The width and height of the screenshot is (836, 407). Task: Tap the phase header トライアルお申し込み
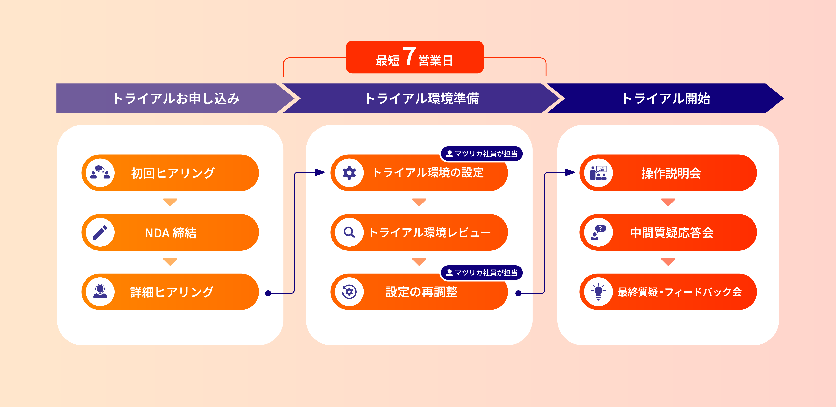[176, 99]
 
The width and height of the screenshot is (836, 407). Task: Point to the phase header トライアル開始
[666, 99]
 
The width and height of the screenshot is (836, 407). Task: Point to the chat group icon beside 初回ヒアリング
[100, 173]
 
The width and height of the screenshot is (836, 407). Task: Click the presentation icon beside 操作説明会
[598, 173]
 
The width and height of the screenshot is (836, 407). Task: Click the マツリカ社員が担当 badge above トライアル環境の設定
[482, 154]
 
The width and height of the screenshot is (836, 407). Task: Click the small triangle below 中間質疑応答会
[668, 261]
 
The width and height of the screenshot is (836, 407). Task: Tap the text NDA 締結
[171, 233]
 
